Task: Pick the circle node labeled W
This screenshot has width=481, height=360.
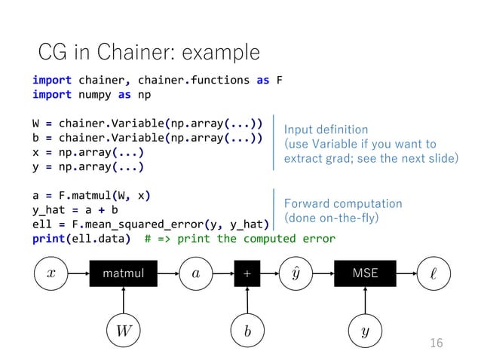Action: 123,329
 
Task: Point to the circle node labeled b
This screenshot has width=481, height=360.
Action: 247,329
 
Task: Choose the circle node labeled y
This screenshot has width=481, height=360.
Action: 366,329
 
